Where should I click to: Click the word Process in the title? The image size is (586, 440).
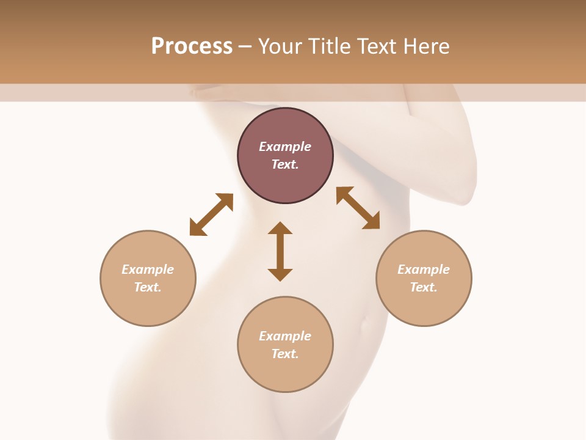tap(192, 46)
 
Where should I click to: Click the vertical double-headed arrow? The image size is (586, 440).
tap(280, 251)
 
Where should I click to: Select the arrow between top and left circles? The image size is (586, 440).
tap(211, 215)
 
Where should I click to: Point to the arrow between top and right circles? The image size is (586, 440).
tap(358, 208)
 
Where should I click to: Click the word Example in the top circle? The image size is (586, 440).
tap(285, 147)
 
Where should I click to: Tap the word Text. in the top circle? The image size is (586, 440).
tap(285, 164)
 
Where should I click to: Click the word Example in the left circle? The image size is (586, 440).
tap(148, 269)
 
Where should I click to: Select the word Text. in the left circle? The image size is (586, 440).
tap(148, 287)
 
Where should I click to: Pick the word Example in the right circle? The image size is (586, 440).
tap(424, 269)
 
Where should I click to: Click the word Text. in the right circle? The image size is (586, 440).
tap(424, 287)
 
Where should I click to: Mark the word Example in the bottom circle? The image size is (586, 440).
tap(285, 336)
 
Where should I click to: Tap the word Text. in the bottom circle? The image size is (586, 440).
tap(285, 354)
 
